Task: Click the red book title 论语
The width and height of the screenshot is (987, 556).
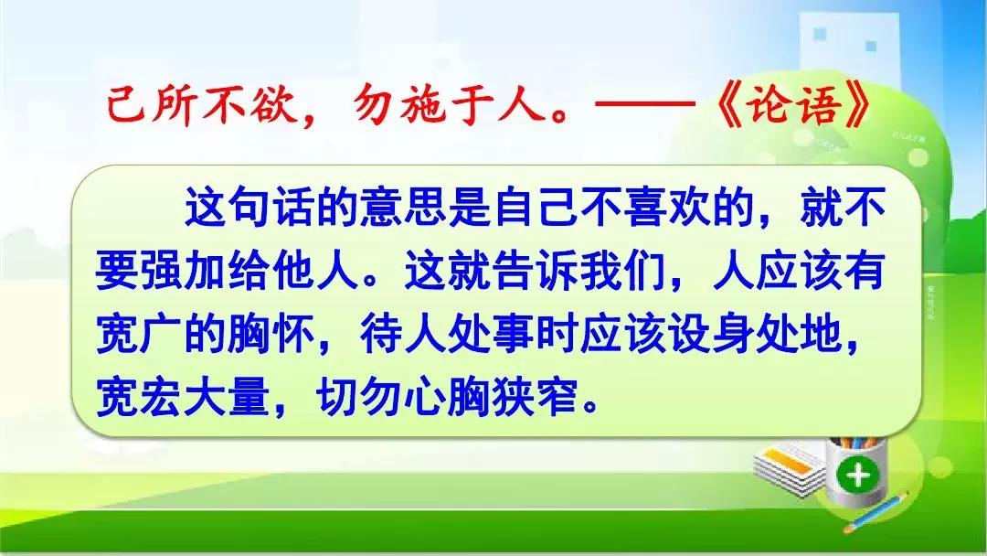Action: [x=794, y=104]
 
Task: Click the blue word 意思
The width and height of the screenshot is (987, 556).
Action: [x=405, y=208]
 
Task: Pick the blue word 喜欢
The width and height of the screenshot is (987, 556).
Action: [x=668, y=208]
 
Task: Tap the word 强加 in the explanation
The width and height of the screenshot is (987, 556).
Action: [x=162, y=272]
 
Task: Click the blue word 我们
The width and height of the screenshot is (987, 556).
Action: [x=624, y=272]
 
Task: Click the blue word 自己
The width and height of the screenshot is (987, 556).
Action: [x=536, y=208]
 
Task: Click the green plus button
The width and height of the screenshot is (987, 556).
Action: [x=858, y=474]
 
